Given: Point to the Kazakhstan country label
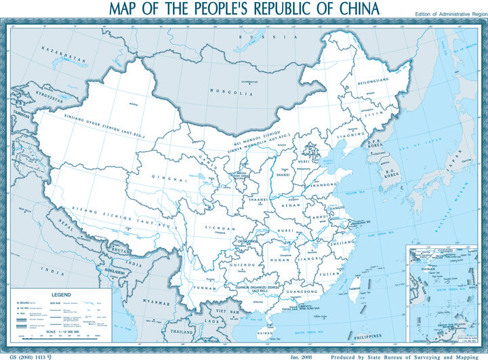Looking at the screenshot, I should click(x=64, y=54).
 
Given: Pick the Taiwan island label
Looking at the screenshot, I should click(x=356, y=289).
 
